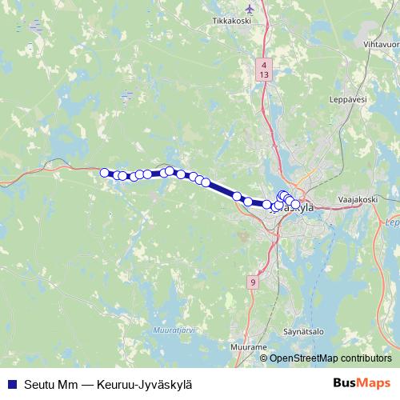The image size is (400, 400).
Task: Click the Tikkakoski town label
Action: point(231,21)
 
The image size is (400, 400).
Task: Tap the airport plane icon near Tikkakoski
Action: point(250,9)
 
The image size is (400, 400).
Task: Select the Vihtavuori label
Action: point(382,45)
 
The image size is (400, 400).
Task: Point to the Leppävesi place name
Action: point(347,100)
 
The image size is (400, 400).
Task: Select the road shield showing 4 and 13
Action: point(264,68)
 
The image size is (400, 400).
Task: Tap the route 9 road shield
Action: point(253,282)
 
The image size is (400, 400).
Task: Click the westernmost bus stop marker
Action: point(104,172)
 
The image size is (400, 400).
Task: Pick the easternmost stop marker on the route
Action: point(296,205)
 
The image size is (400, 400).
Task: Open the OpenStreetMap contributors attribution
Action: point(330,358)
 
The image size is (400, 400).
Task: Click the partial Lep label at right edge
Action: point(392,222)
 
